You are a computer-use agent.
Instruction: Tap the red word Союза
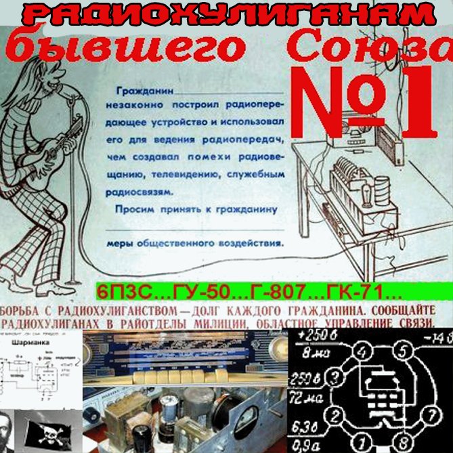tap(368, 47)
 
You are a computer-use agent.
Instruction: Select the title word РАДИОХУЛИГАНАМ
tap(226, 14)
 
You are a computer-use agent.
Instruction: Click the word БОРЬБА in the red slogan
tap(30, 307)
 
